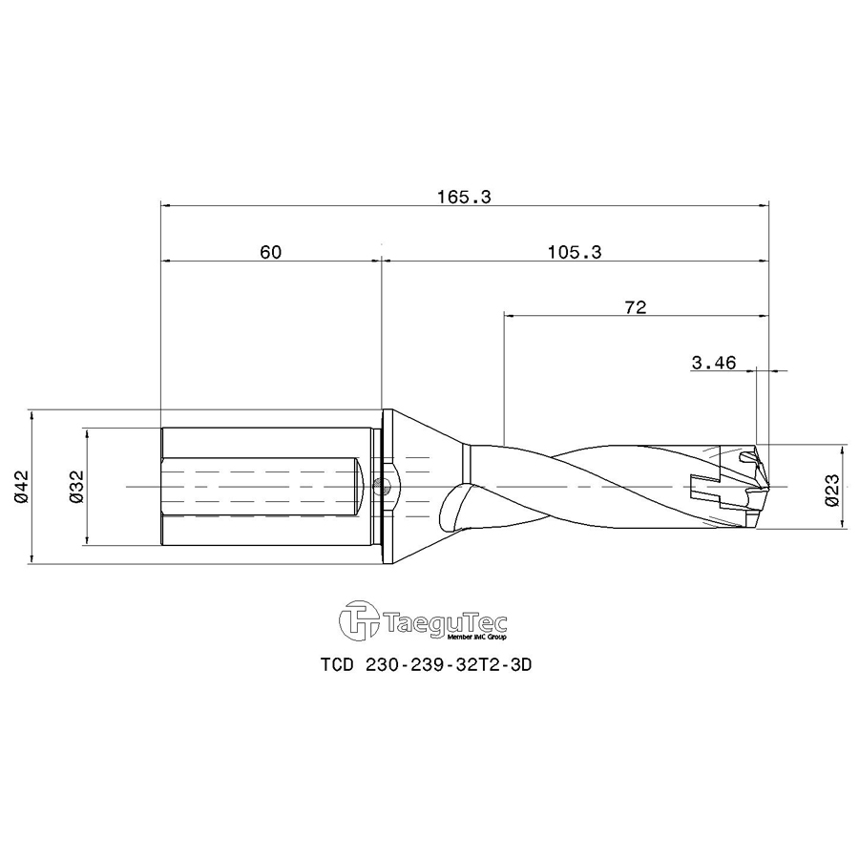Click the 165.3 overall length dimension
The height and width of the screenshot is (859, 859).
coord(464,198)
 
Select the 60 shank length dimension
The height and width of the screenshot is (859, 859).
coord(270,252)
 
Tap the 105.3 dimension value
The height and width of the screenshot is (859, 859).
coord(575,252)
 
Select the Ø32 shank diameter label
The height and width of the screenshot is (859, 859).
coord(77,487)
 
